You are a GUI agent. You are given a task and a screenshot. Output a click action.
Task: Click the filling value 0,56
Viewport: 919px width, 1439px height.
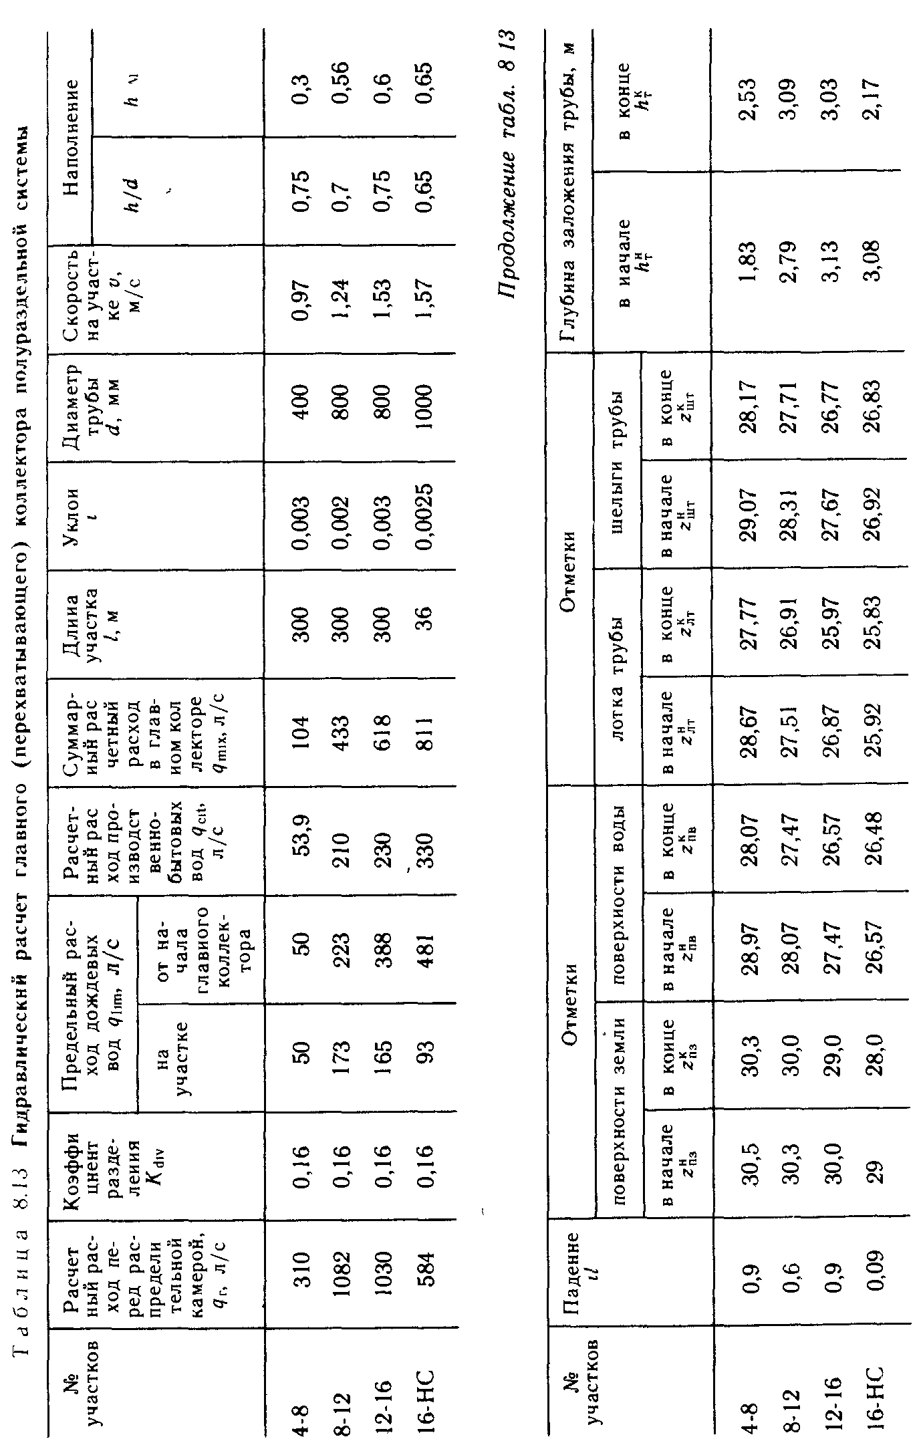tap(339, 80)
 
